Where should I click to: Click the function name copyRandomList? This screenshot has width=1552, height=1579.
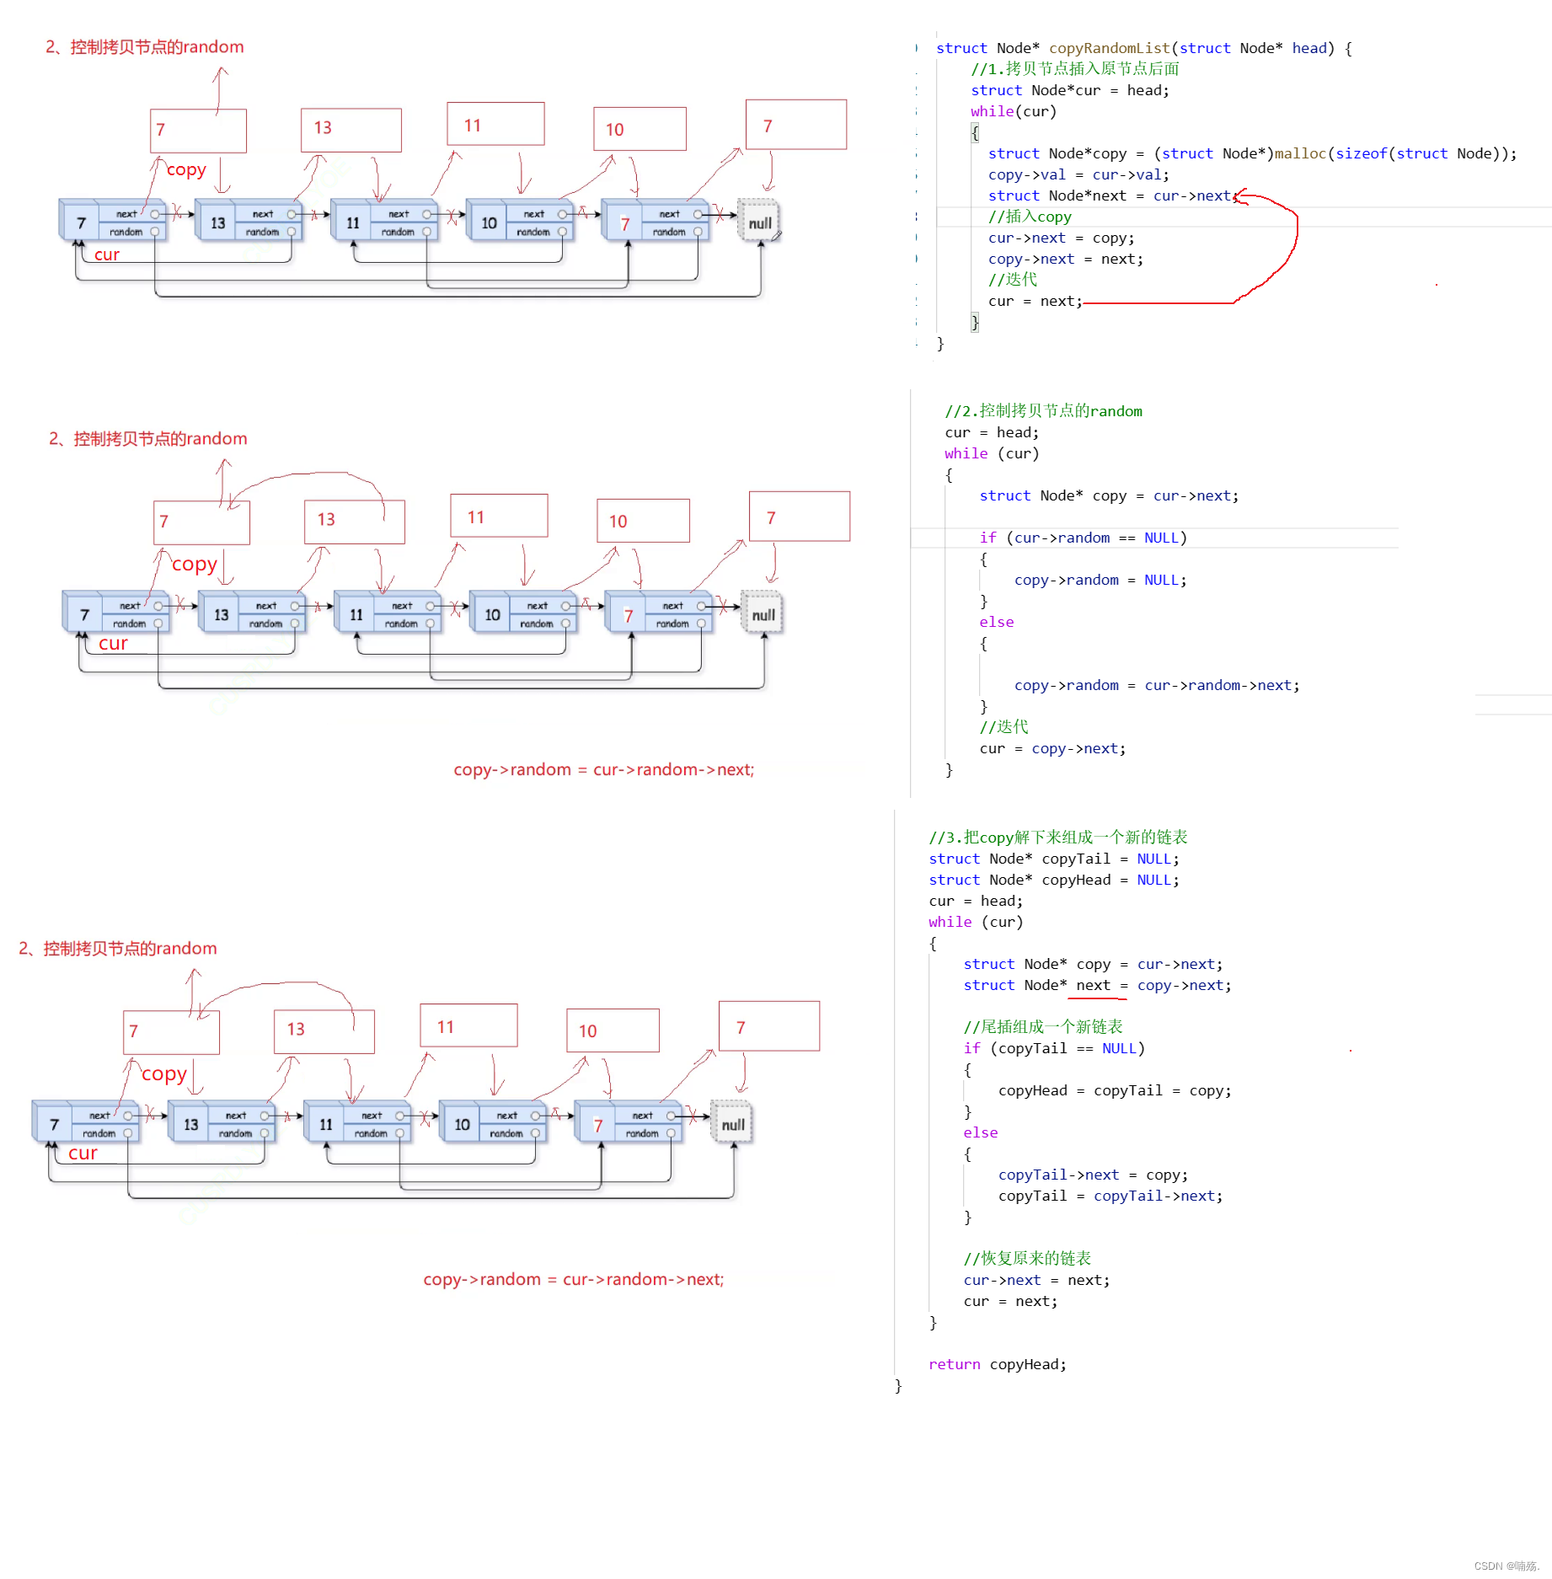coord(1109,48)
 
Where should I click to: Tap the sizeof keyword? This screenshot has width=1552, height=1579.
coord(1361,153)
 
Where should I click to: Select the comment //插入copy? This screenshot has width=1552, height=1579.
coord(1030,217)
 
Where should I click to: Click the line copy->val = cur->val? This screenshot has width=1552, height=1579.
coord(1078,174)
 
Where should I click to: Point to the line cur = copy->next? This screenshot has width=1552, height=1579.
coord(1052,748)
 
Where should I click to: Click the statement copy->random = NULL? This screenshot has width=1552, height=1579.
coord(1100,580)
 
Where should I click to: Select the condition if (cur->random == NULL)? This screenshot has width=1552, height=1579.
coord(1083,538)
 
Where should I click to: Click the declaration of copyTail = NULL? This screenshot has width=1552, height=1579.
coord(1053,859)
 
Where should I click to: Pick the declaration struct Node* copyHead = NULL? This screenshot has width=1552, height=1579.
coord(1053,880)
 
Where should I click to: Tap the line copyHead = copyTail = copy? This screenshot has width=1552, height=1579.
coord(1114,1090)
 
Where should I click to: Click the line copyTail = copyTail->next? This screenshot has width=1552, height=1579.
coord(1110,1196)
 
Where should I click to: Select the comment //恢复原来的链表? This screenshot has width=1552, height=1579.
coord(1027,1258)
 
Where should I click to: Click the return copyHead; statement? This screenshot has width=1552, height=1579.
coord(997,1364)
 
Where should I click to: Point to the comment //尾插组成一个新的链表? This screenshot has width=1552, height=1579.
coord(1043,1026)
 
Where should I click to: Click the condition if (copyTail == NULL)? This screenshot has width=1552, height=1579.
coord(1054,1048)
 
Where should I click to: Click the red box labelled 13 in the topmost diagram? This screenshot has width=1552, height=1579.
coord(351,130)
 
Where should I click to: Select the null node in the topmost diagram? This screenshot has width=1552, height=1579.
coord(759,222)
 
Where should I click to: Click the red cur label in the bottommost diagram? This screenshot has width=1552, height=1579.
coord(83,1153)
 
